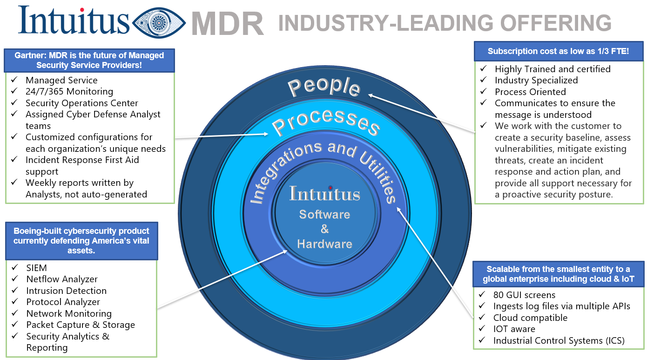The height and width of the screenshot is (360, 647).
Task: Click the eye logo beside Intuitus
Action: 159,23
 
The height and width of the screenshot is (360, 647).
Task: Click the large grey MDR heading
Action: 227,24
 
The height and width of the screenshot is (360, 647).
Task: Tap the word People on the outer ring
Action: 324,86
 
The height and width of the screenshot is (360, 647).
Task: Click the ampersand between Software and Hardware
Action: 324,229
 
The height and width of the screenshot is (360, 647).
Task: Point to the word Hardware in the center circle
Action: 324,244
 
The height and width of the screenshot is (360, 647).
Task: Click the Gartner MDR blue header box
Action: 89,60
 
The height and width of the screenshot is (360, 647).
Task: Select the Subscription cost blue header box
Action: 558,51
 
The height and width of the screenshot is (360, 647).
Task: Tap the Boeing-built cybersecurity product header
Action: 81,241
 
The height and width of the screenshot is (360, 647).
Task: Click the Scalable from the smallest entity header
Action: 558,274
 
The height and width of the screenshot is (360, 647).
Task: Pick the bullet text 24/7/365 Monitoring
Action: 69,92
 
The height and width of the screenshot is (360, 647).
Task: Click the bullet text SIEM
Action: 36,268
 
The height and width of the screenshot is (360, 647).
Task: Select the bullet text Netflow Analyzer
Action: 62,279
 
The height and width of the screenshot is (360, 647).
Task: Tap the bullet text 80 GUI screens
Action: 524,295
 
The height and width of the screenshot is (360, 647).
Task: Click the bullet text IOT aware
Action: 514,329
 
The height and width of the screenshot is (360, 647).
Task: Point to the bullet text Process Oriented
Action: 530,92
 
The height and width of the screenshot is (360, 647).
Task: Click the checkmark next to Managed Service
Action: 14,79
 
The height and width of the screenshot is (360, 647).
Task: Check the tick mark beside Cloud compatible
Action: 481,317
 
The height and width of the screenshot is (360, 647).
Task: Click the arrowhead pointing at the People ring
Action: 371,95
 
